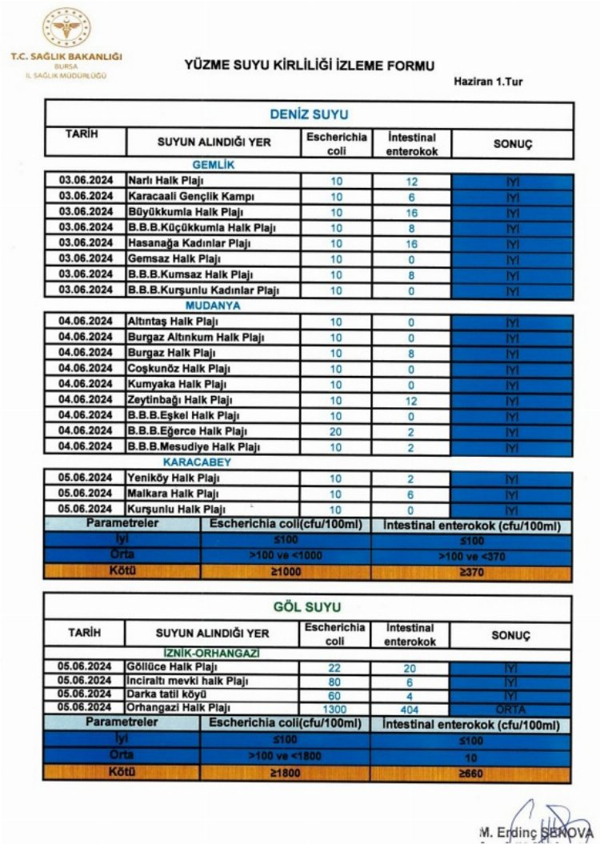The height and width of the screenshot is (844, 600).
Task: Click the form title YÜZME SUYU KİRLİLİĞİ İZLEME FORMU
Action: pyautogui.click(x=310, y=66)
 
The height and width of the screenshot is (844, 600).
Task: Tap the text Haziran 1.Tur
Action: pyautogui.click(x=488, y=82)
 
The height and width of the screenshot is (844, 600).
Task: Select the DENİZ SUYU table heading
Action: pyautogui.click(x=308, y=114)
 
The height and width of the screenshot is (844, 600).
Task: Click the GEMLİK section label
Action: pyautogui.click(x=213, y=165)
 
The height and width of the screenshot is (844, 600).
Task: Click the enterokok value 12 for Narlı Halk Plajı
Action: pyautogui.click(x=411, y=181)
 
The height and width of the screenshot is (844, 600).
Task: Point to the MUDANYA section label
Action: pyautogui.click(x=213, y=305)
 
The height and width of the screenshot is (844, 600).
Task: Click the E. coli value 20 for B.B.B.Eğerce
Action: pyautogui.click(x=336, y=431)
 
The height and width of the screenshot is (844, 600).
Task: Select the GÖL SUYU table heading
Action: pyautogui.click(x=308, y=608)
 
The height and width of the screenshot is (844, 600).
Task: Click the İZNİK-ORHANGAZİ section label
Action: pyautogui.click(x=213, y=653)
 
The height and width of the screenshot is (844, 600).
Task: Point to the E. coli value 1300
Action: pyautogui.click(x=336, y=709)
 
